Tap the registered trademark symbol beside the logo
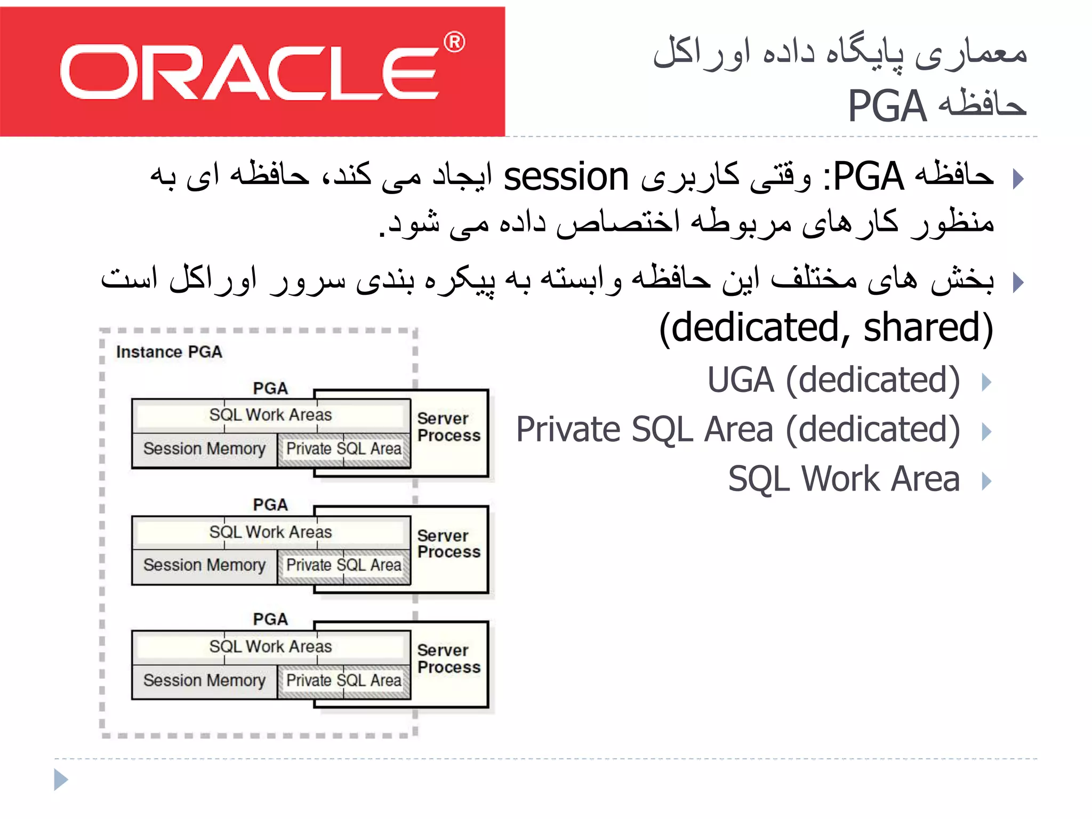click(454, 42)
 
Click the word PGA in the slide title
click(887, 106)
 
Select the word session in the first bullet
click(566, 177)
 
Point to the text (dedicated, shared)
click(826, 327)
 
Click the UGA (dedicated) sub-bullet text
click(833, 380)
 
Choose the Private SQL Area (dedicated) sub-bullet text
click(738, 429)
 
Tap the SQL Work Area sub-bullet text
click(844, 478)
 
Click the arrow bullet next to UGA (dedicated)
click(986, 382)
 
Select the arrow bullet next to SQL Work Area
click(986, 481)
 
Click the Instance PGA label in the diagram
click(169, 352)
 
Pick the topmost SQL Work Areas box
click(270, 415)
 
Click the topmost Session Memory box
click(204, 449)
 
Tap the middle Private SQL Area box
click(344, 565)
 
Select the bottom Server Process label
click(449, 659)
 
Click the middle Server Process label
click(449, 543)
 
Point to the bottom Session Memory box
click(204, 680)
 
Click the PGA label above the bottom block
click(270, 619)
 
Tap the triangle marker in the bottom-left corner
click(61, 780)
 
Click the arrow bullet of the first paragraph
click(1018, 179)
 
